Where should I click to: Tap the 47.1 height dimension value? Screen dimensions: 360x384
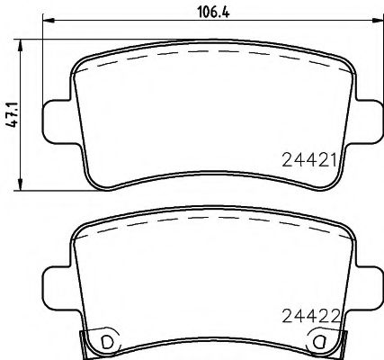10,115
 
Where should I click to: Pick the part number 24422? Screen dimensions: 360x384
308,316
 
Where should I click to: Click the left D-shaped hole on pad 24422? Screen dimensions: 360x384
107,342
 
